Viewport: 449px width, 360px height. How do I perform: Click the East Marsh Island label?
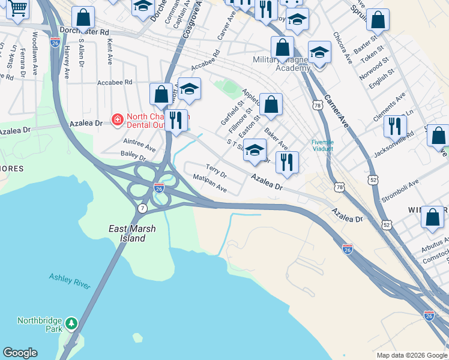click(x=127, y=233)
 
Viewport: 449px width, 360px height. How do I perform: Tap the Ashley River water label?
click(x=70, y=280)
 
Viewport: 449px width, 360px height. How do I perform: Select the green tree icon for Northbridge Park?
click(x=71, y=323)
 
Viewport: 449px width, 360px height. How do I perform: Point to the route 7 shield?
click(x=142, y=208)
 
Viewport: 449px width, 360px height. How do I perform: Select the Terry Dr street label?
click(x=215, y=171)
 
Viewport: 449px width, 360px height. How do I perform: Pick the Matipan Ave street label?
click(x=209, y=182)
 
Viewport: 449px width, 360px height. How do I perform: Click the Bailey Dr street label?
click(x=133, y=156)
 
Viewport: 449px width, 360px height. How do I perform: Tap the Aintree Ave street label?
click(x=139, y=145)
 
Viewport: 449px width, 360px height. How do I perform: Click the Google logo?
click(x=20, y=353)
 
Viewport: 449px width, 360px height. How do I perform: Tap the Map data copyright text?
click(x=411, y=355)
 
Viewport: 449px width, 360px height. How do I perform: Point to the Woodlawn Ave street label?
click(x=36, y=48)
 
